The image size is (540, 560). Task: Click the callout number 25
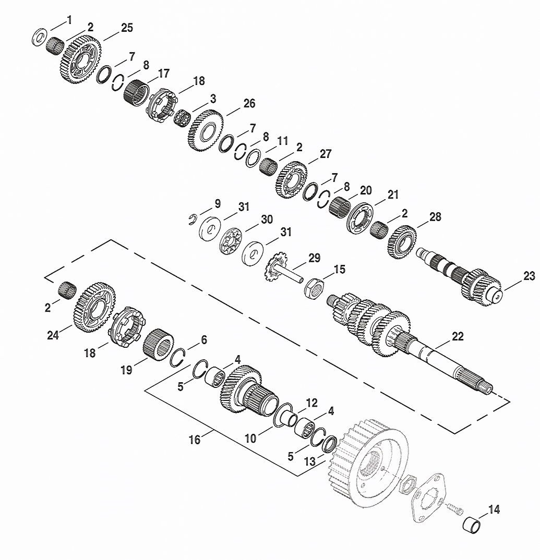tap(127, 28)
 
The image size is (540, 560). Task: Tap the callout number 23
tap(529, 276)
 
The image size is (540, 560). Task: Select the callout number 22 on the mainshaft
tap(458, 336)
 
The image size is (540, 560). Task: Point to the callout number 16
tap(195, 440)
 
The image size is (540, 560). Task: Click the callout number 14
tap(494, 509)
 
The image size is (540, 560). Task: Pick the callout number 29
tap(314, 258)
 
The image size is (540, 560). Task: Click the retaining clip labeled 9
tap(193, 220)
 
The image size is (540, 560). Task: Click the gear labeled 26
tap(206, 130)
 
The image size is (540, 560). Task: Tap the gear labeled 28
tap(402, 242)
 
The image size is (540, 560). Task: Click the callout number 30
tap(267, 220)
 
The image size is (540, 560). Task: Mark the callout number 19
tap(126, 370)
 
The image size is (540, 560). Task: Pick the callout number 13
tap(309, 461)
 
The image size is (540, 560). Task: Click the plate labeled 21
tap(360, 218)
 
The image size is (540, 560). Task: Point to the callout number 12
tap(311, 403)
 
